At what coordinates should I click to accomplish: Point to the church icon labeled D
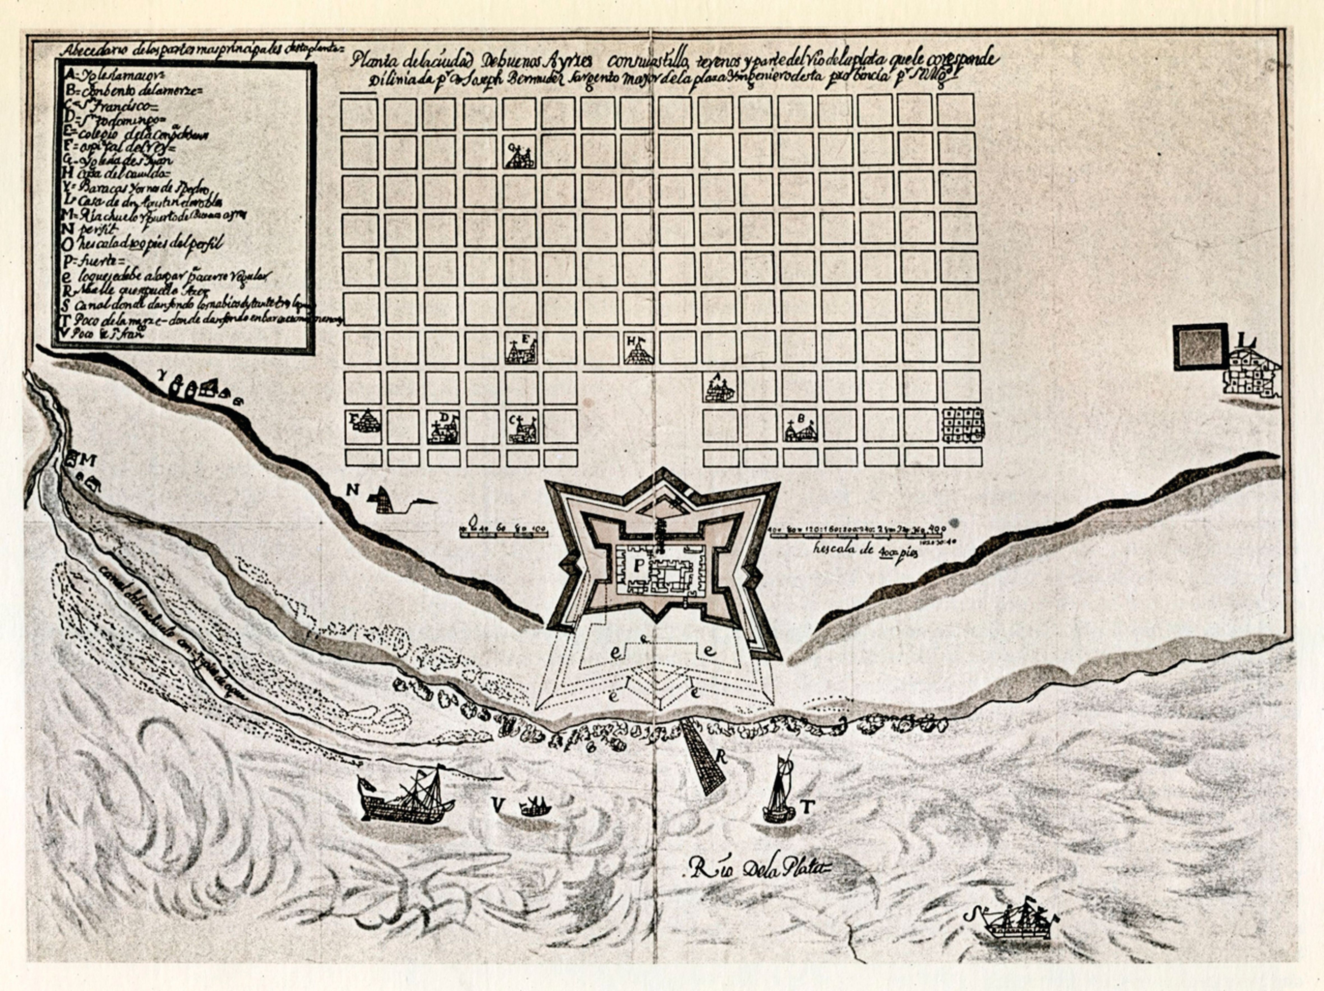443,429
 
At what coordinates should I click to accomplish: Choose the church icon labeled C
522,429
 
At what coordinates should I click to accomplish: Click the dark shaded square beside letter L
1200,346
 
